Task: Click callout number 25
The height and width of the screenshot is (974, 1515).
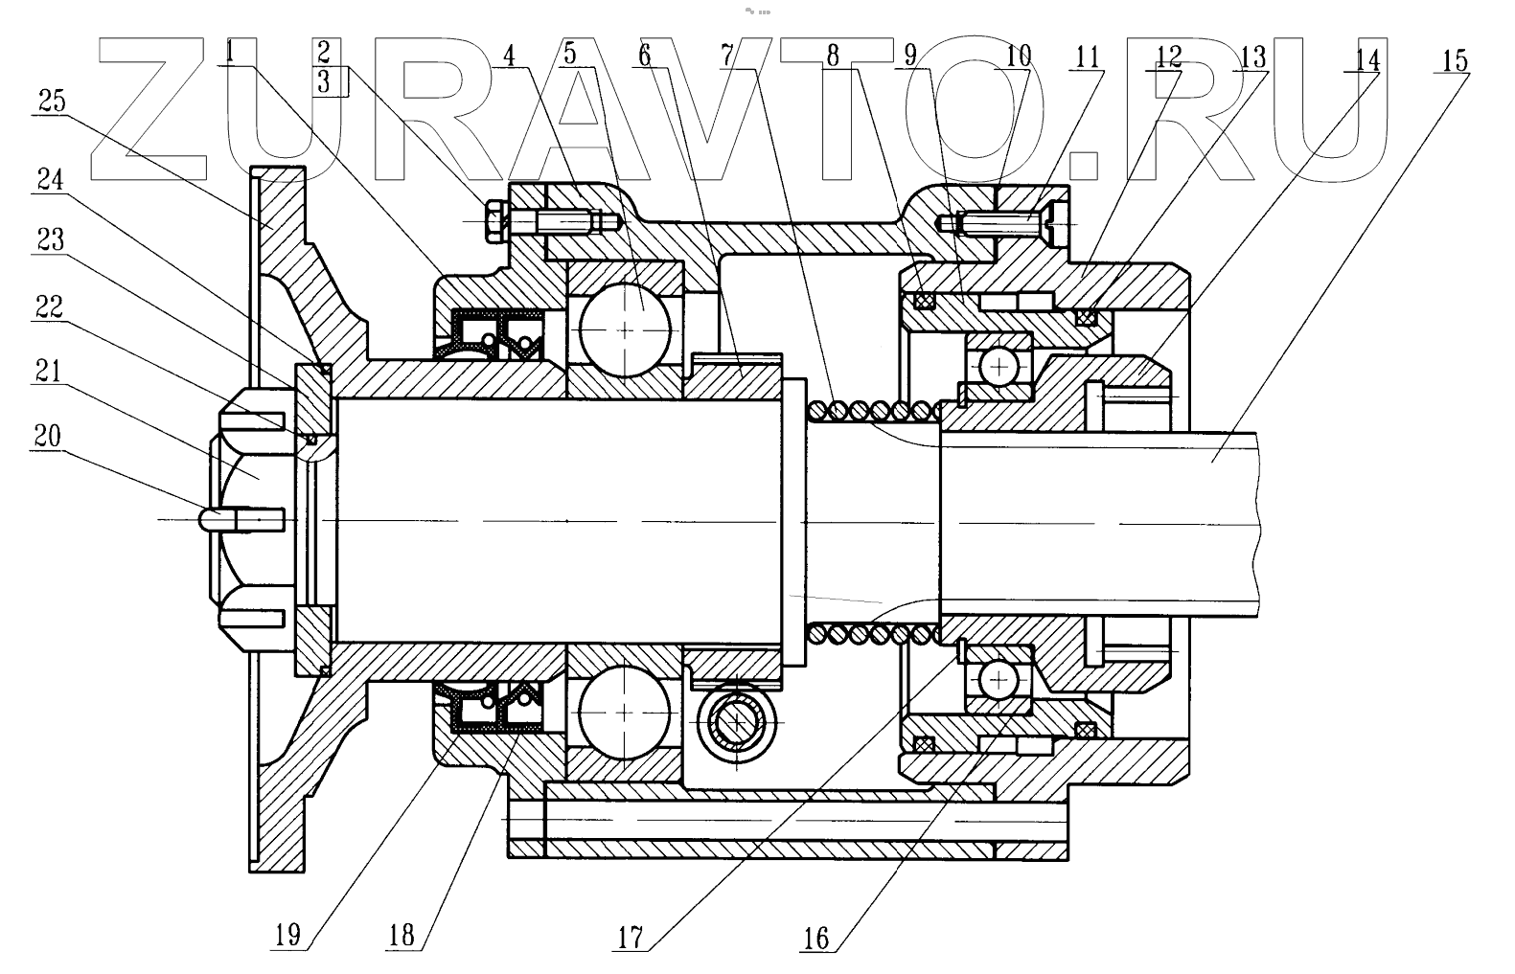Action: coord(52,100)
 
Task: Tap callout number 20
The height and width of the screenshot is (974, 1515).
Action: coord(47,437)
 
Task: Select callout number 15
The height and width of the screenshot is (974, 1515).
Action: coord(1454,60)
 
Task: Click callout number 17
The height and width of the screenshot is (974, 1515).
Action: coord(629,935)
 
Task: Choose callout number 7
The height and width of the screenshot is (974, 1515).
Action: coord(727,56)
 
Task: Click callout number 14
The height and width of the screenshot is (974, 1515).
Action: coord(1367,60)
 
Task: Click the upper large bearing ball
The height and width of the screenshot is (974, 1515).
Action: coord(626,328)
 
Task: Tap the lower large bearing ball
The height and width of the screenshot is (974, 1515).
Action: coord(624,714)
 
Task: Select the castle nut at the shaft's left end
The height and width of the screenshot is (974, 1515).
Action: coord(251,518)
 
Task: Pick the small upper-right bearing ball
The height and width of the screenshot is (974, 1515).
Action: coord(998,366)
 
